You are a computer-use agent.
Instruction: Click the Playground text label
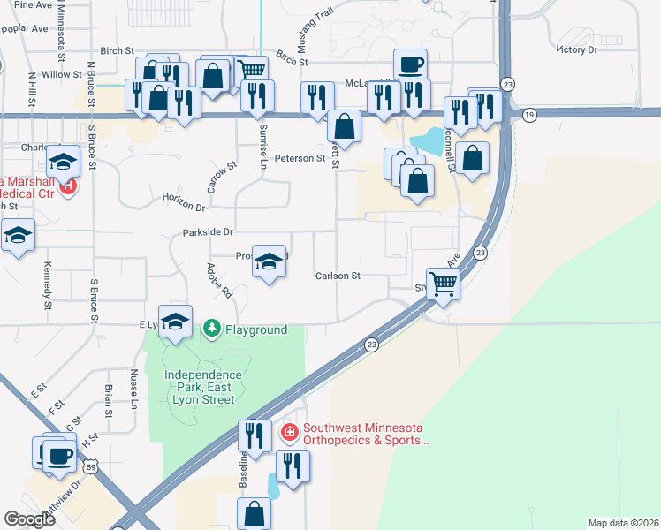click(x=255, y=329)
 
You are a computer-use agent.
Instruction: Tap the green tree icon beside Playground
click(x=211, y=329)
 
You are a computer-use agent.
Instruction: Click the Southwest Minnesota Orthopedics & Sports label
click(x=365, y=433)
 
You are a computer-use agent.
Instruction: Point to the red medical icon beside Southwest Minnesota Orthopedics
click(x=288, y=432)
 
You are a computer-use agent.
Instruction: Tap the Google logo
click(x=29, y=519)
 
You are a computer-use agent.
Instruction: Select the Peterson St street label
click(x=300, y=158)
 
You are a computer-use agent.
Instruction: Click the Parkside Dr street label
click(x=207, y=232)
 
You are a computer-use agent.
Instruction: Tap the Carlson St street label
click(x=338, y=276)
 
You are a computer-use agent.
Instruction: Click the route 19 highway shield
click(x=528, y=115)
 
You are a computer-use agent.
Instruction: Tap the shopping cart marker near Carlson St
click(x=443, y=284)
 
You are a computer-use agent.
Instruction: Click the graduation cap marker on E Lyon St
click(x=175, y=321)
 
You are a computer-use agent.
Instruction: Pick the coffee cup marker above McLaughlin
click(x=410, y=64)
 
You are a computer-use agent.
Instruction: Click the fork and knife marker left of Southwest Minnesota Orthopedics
click(x=254, y=435)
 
